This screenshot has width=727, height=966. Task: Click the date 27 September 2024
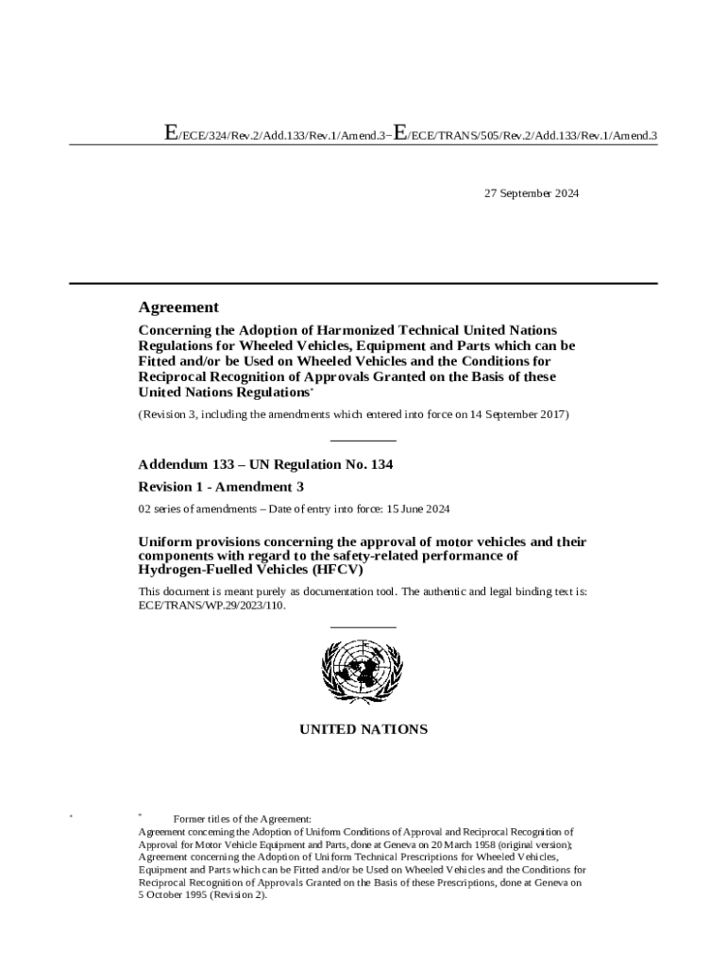(x=532, y=193)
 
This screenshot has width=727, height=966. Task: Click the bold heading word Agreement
(x=178, y=307)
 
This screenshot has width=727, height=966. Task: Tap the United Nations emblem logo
(x=363, y=671)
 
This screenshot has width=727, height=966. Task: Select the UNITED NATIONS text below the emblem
(x=363, y=729)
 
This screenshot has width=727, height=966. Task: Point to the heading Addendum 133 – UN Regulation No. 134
(x=265, y=464)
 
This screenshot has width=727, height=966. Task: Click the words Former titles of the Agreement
(x=242, y=819)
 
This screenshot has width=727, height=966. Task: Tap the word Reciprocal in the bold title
(x=176, y=376)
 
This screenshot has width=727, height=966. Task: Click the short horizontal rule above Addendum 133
(x=363, y=441)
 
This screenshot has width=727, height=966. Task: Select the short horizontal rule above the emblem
(x=363, y=626)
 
